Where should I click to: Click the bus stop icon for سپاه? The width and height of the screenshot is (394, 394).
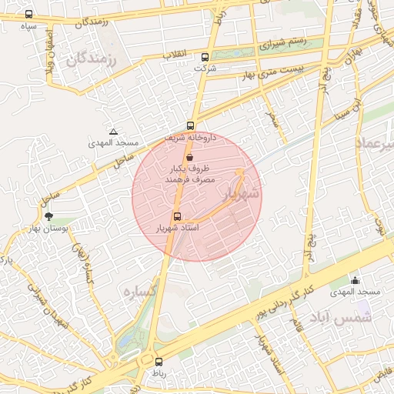click(x=29, y=15)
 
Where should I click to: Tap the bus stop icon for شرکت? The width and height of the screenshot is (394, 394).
click(x=205, y=57)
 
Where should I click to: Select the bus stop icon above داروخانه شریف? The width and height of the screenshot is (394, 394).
click(x=190, y=126)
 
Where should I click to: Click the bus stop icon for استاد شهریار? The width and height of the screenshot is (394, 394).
click(x=178, y=217)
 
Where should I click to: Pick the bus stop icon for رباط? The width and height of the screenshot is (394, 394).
click(x=159, y=362)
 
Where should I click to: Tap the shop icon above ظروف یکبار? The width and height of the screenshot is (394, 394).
click(x=189, y=156)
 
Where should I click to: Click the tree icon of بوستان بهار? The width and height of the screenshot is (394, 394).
click(x=50, y=217)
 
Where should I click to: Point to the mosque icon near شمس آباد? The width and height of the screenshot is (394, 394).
click(x=355, y=281)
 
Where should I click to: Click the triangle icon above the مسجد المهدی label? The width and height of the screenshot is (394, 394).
click(x=114, y=132)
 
